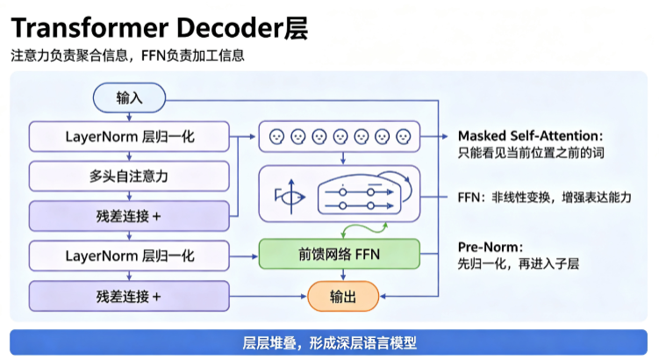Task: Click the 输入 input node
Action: coord(130,98)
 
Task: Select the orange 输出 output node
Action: coord(343,297)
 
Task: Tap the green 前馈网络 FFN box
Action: coord(340,254)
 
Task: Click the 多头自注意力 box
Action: coord(129,176)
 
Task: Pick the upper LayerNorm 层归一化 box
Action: coord(129,137)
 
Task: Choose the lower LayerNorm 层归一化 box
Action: coord(129,256)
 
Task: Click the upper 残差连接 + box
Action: coord(129,216)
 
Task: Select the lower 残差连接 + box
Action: coord(129,297)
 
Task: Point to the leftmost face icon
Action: coord(276,137)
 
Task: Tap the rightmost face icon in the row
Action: coord(404,137)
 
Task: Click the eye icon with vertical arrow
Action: coord(290,197)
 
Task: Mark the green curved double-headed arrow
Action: coord(364,229)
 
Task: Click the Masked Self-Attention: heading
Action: coord(530,136)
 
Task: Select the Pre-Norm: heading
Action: coord(491,247)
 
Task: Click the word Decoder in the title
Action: coord(230,28)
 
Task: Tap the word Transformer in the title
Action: coord(90,28)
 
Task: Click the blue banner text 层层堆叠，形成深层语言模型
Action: coord(330,342)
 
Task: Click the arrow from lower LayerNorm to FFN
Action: coord(244,256)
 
